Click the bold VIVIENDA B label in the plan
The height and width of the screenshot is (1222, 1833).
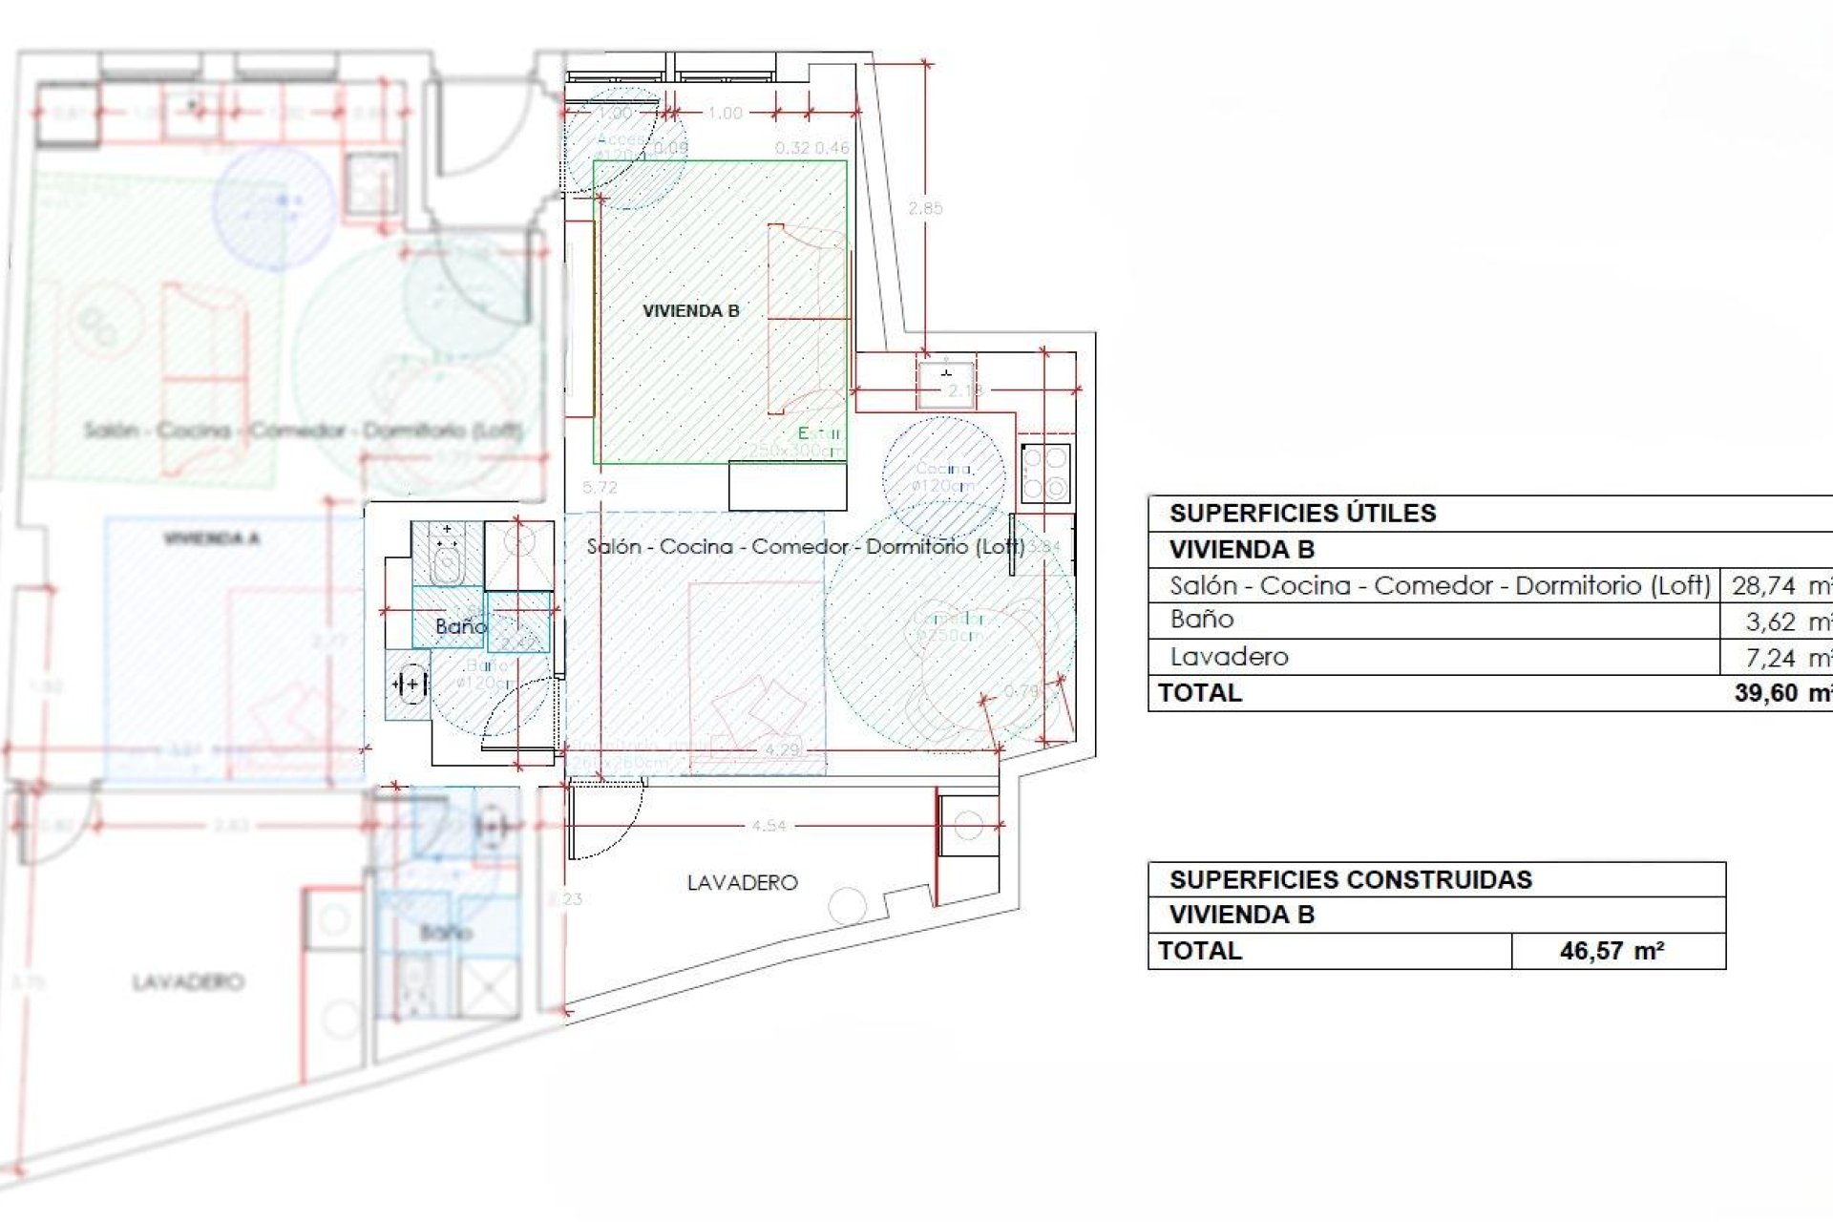pos(690,311)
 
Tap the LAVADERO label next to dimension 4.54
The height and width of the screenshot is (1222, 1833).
pos(742,883)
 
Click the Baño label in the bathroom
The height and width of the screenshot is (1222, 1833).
pos(460,626)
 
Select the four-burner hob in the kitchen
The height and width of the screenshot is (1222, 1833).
pos(1044,473)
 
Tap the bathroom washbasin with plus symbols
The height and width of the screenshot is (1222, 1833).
pos(410,684)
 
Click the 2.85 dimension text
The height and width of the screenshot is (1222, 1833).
pos(924,208)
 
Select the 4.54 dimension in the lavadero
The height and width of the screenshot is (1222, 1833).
pos(769,826)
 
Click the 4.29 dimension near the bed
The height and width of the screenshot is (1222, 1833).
pos(782,749)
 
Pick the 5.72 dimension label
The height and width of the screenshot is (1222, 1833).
pos(600,488)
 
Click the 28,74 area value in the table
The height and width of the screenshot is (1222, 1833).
pos(1763,585)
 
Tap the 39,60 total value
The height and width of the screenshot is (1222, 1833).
pos(1767,693)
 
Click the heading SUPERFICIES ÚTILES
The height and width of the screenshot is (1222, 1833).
pos(1302,514)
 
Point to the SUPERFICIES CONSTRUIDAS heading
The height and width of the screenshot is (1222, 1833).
pos(1350,879)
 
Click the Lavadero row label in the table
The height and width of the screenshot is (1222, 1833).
pos(1229,657)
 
